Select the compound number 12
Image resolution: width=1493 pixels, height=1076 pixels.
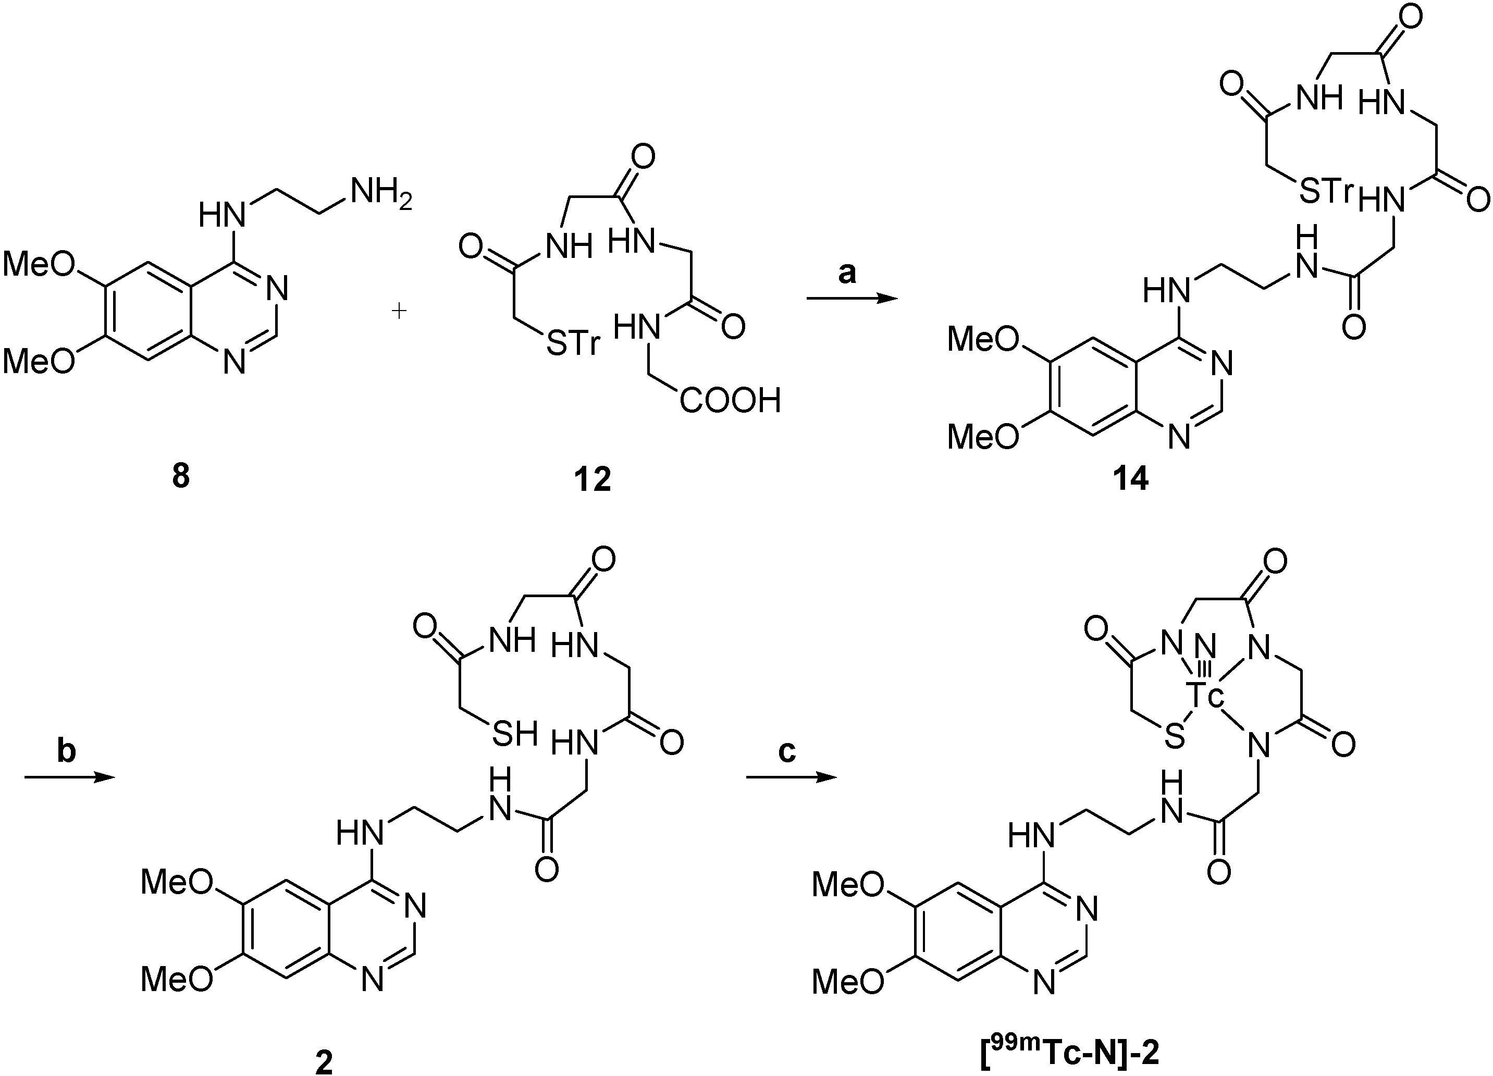click(x=593, y=479)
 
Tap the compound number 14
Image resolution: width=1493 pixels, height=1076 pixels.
click(x=1130, y=479)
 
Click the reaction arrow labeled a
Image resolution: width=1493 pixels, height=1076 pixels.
click(x=852, y=299)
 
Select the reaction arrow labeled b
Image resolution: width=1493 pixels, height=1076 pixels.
click(x=69, y=777)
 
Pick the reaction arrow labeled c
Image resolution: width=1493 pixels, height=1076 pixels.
click(x=791, y=777)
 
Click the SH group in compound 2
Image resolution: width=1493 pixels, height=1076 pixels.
click(x=515, y=733)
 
